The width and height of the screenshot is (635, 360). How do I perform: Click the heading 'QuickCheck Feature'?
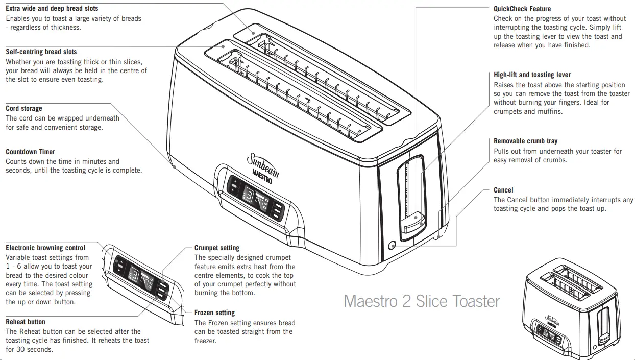pyautogui.click(x=522, y=9)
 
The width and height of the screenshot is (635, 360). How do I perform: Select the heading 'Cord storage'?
pyautogui.click(x=24, y=108)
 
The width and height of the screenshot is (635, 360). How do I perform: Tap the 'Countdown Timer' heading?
pyautogui.click(x=30, y=152)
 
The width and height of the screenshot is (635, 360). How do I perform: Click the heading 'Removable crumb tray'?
pyautogui.click(x=525, y=141)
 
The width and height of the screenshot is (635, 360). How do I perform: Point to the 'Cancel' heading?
pyautogui.click(x=503, y=190)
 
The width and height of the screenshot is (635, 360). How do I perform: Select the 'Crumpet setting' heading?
pyautogui.click(x=216, y=248)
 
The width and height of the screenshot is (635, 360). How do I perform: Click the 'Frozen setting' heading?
pyautogui.click(x=214, y=313)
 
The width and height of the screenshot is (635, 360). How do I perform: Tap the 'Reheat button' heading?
pyautogui.click(x=26, y=322)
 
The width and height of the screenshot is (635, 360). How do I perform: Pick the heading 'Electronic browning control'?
pyautogui.click(x=45, y=248)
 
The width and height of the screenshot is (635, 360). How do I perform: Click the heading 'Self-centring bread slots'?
pyautogui.click(x=41, y=52)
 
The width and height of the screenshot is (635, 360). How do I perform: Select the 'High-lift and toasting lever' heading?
pyautogui.click(x=532, y=75)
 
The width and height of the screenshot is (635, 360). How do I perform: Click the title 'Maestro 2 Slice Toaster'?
pyautogui.click(x=422, y=301)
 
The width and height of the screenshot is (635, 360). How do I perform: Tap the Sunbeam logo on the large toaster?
pyautogui.click(x=263, y=166)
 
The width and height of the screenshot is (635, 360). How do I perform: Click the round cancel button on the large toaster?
pyautogui.click(x=392, y=245)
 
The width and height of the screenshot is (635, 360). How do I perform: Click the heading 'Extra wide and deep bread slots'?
pyautogui.click(x=52, y=8)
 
